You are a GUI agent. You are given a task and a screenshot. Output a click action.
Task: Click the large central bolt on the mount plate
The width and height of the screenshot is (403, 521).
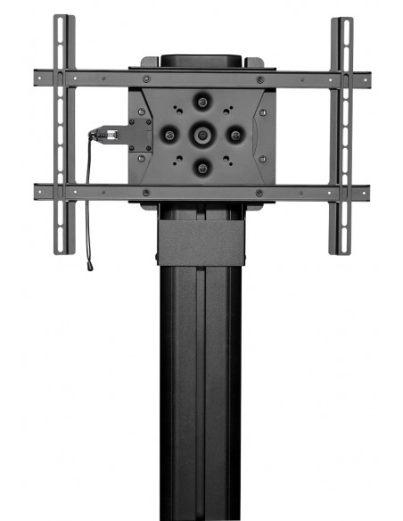[201, 135]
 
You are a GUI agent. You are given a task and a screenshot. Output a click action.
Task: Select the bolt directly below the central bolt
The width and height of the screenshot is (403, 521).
[201, 166]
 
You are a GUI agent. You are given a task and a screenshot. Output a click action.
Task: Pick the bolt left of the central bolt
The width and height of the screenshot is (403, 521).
[169, 135]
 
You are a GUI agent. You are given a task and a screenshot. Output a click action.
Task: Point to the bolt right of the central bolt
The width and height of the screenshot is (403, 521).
[234, 135]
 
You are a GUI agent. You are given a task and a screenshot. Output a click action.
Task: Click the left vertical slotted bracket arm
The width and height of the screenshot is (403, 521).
[62, 134]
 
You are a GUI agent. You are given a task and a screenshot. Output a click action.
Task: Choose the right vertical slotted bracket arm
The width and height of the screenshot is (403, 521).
[341, 134]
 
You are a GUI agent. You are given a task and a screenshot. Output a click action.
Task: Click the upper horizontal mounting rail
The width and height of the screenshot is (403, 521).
[201, 78]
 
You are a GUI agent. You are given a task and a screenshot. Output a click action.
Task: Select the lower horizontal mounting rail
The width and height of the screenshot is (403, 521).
[201, 192]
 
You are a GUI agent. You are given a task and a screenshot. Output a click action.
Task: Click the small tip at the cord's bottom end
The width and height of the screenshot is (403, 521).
[90, 265]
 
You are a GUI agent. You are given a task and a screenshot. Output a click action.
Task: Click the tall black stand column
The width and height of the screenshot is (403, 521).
[201, 393]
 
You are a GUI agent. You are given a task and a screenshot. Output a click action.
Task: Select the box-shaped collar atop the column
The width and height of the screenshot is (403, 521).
[201, 241]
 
